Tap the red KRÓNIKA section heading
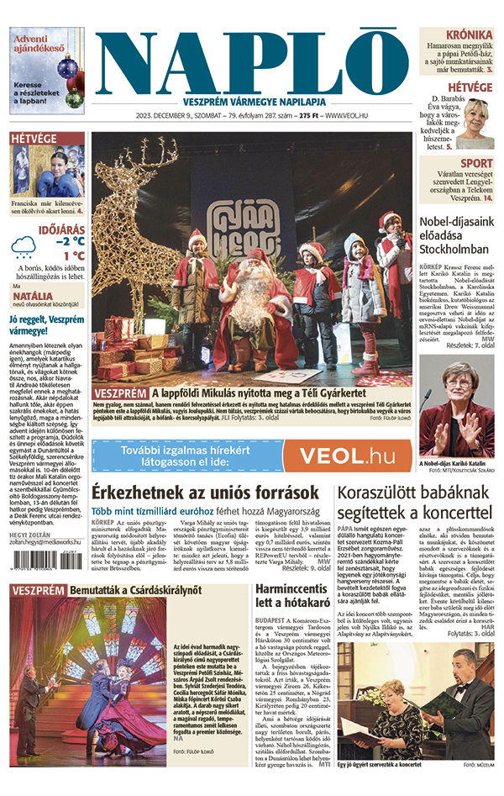[469, 34]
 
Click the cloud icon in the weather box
[24, 245]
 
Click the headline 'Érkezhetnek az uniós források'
[205, 493]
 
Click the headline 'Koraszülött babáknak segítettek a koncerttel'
[413, 501]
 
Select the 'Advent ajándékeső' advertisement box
[48, 71]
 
